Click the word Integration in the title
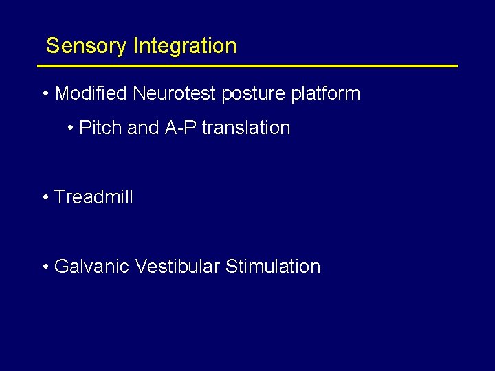185,46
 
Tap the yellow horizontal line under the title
247,66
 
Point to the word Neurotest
174,93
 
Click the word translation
246,128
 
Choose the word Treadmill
93,197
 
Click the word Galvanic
91,267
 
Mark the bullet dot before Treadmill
45,198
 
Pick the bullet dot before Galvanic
45,267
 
